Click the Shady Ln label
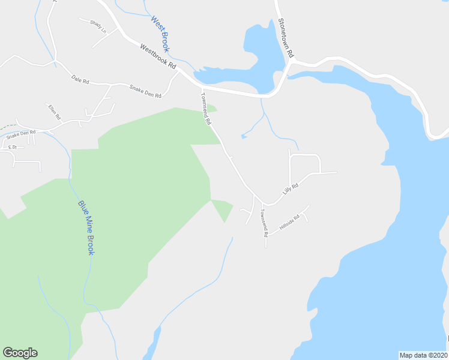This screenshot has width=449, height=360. point(98,26)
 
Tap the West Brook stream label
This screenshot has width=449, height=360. point(160,34)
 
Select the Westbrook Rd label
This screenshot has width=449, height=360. point(158,56)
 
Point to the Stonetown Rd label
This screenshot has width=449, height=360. point(285,38)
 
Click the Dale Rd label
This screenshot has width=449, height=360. point(80,79)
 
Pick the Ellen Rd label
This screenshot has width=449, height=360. point(55,112)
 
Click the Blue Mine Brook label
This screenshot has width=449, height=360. point(86,227)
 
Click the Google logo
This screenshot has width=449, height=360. point(20,353)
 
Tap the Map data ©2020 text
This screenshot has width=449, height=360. point(423,355)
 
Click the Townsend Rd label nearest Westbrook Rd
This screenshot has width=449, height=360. point(206,108)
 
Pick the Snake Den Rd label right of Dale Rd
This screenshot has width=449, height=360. point(145,91)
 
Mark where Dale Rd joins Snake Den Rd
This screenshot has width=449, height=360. point(110,85)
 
